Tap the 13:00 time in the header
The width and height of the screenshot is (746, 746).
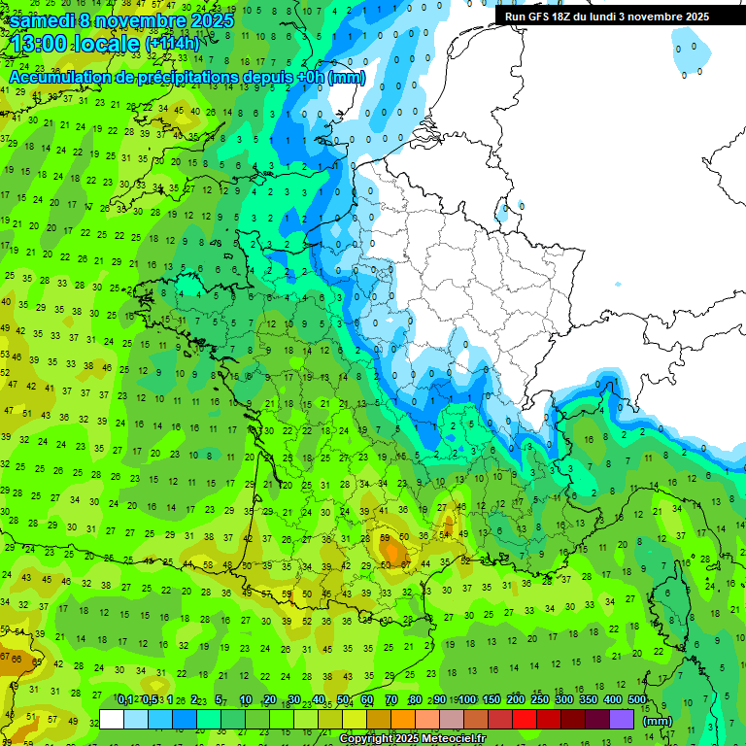38,44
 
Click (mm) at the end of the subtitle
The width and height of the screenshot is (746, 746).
347,77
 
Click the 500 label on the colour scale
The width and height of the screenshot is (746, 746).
637,700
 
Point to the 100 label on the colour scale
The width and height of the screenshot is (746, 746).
467,700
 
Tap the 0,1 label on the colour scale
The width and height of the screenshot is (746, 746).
125,700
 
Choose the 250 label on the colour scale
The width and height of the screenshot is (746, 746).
540,700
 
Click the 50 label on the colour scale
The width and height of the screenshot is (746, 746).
343,700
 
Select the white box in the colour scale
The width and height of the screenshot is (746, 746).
112,719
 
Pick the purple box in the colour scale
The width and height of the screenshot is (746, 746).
621,719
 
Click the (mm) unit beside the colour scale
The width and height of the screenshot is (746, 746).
658,721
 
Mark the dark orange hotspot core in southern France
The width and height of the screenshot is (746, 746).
392,552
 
